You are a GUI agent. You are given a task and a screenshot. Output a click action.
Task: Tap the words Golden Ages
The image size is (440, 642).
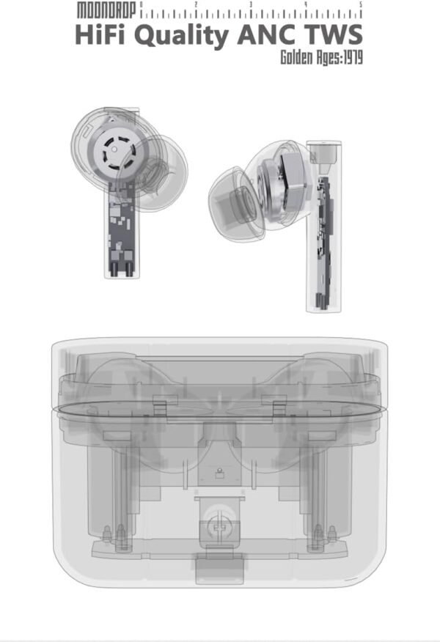point(308,58)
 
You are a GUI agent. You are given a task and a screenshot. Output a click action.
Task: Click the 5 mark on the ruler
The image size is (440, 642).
point(361,5)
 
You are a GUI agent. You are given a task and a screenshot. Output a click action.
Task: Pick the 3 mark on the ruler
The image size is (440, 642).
point(251,5)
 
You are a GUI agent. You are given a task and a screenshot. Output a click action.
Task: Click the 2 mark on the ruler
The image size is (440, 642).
point(196,5)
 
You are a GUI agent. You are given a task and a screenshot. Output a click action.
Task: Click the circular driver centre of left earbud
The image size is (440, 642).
point(115,150)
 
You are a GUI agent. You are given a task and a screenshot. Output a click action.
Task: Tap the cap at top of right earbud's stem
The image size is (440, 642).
point(323,152)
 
